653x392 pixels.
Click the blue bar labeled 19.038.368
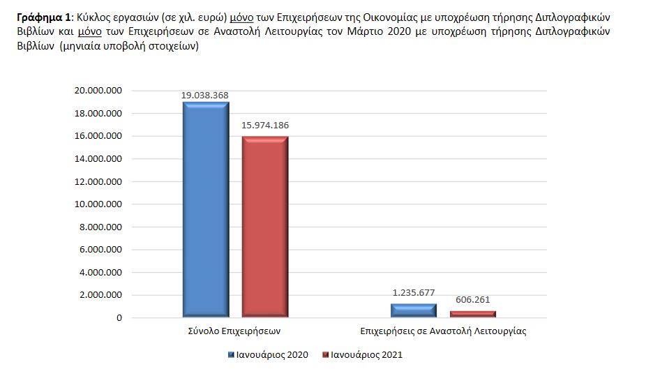point(206,209)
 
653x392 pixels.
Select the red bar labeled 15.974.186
point(264,227)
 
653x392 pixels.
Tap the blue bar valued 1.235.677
point(414,310)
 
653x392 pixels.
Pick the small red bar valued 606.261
point(472,314)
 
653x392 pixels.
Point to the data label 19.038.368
point(206,96)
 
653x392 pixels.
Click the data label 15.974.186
point(265,126)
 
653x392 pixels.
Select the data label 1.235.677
point(414,293)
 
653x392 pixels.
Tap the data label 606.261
point(472,300)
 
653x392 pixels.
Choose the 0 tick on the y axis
point(119,318)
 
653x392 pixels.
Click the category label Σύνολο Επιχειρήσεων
point(234,331)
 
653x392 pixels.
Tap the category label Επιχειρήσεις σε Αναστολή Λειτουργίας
point(443,331)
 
